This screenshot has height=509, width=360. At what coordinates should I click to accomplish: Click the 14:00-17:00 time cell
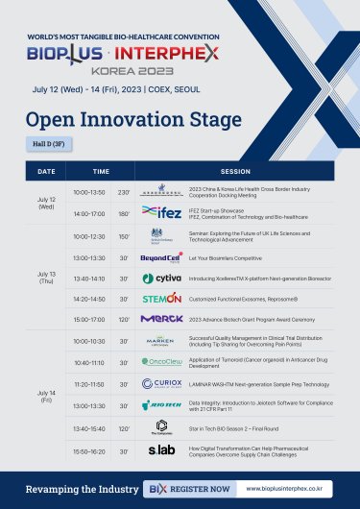tap(87, 212)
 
